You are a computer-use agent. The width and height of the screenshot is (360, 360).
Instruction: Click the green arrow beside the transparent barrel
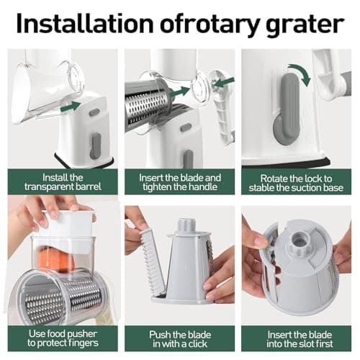click(x=70, y=107)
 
